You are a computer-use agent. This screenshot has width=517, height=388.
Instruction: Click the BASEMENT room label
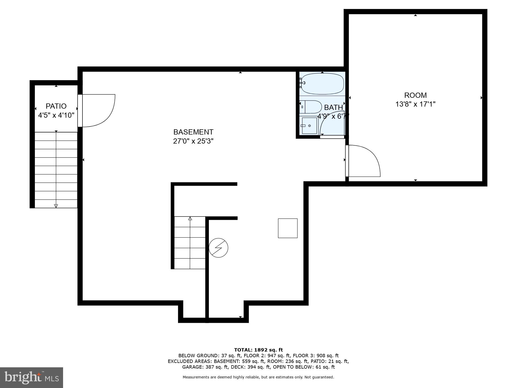pos(193,132)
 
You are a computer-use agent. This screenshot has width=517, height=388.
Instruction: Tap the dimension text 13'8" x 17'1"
pos(415,104)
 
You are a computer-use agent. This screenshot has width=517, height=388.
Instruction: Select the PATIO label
pos(56,106)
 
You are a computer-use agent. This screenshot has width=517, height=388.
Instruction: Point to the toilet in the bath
pos(310,107)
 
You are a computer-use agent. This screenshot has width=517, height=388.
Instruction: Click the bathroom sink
pos(309,126)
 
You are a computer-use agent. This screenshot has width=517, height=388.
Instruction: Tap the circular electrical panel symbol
pos(218,248)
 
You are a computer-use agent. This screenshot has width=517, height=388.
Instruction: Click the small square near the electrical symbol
pos(287,228)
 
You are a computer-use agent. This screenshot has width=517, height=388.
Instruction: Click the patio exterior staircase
pos(56,170)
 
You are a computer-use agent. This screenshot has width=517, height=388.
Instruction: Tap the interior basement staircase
pos(190,243)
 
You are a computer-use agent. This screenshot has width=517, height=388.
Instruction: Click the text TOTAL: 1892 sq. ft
pos(258,350)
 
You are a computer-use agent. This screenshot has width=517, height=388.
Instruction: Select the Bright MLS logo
pos(32,378)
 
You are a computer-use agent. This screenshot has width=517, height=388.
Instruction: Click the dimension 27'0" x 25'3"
pos(193,141)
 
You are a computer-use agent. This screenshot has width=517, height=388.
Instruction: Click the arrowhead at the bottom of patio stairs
pos(56,206)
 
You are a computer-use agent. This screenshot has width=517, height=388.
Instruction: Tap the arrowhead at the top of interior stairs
pos(190,219)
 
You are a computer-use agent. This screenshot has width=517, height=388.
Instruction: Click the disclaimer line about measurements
pos(258,377)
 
